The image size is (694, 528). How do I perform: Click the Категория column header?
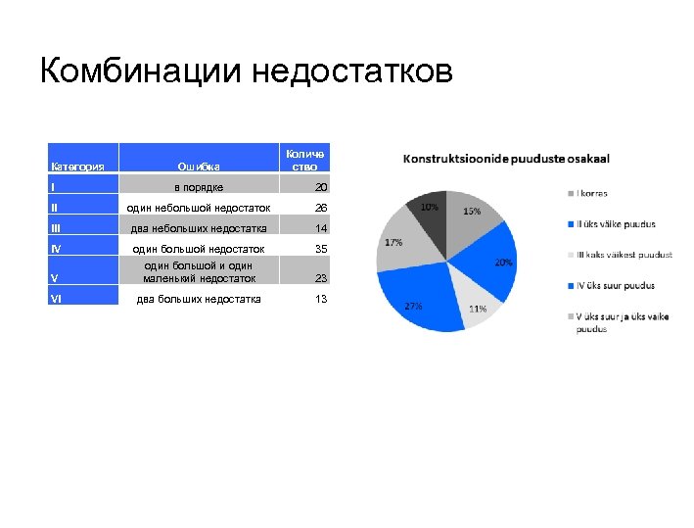pyautogui.click(x=78, y=167)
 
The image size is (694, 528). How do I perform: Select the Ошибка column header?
pyautogui.click(x=199, y=167)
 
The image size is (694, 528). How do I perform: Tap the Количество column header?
pyautogui.click(x=304, y=160)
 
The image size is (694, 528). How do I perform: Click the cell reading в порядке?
pyautogui.click(x=199, y=187)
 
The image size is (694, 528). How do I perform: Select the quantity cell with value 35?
pyautogui.click(x=319, y=249)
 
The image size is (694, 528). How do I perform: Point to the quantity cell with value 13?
pyautogui.click(x=319, y=299)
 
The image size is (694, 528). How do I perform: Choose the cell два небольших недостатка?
pyautogui.click(x=199, y=228)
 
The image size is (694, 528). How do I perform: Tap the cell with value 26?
pyautogui.click(x=319, y=208)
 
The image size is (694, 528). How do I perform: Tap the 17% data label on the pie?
pyautogui.click(x=393, y=242)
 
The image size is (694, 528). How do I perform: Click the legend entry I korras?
pyautogui.click(x=592, y=193)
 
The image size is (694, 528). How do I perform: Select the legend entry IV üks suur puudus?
pyautogui.click(x=615, y=285)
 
